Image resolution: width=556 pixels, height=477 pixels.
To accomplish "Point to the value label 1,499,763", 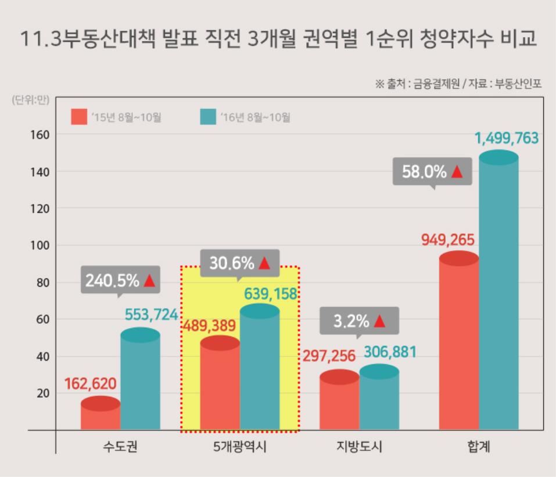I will pos(506,138).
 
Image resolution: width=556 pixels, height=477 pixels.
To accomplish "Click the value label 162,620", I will pos(91,384).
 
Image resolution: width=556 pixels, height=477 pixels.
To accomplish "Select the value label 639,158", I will pos(271,294).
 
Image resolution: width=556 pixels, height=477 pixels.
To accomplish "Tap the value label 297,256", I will pos(329,356).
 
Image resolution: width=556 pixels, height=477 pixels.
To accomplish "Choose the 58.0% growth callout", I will pos(432,172).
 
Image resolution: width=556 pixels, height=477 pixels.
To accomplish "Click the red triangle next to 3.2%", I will pos(380,321).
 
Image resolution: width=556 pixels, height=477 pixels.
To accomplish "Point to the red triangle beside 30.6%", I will pos(264,264).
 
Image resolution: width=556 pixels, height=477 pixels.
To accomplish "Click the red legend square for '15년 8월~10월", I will pos(78,117).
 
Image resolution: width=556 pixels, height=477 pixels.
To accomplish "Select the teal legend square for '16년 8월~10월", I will pos(207,117).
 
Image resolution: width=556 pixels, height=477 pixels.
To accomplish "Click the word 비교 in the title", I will pos(515,39).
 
